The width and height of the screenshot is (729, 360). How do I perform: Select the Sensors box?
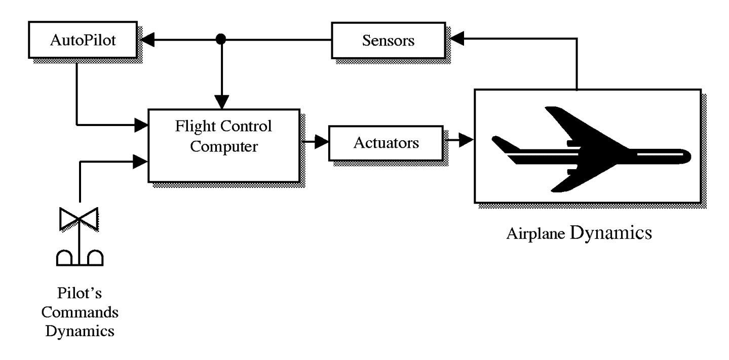click(388, 40)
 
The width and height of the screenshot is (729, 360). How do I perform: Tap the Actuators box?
click(386, 143)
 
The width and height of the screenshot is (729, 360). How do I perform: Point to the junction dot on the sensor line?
click(220, 39)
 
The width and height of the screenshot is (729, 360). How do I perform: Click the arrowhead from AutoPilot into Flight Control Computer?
click(141, 123)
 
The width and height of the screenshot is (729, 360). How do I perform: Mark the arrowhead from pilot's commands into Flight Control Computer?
click(141, 162)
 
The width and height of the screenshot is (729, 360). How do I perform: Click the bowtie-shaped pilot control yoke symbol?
click(80, 218)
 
